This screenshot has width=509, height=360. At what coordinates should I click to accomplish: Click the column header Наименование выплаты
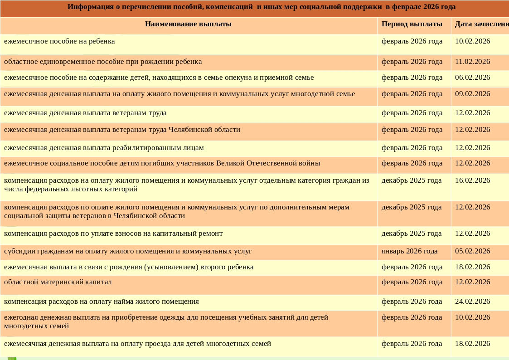(x=188, y=24)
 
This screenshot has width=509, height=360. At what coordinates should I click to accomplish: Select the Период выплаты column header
(x=412, y=24)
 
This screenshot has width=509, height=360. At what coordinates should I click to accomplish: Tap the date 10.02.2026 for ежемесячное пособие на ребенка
(x=472, y=41)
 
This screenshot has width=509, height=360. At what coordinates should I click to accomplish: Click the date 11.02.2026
(x=472, y=62)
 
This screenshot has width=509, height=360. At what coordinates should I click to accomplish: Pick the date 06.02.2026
(x=472, y=78)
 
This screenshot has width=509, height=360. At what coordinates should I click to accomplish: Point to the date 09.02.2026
(x=472, y=94)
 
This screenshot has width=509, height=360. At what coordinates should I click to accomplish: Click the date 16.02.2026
(x=472, y=180)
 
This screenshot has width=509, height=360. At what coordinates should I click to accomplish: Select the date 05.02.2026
(x=472, y=251)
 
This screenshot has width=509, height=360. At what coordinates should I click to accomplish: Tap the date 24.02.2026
(x=472, y=302)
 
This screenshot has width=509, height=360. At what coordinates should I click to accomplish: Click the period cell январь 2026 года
(x=409, y=251)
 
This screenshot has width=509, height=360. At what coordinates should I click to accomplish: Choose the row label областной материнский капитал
(x=58, y=282)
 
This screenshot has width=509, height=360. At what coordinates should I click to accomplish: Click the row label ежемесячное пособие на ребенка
(x=59, y=41)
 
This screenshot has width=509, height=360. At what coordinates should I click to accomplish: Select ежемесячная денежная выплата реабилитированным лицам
(x=104, y=148)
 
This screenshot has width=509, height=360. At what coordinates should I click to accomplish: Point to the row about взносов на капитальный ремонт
(x=113, y=234)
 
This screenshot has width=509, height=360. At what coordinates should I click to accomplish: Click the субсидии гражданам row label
(x=128, y=251)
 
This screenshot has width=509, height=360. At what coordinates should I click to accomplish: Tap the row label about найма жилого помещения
(x=102, y=302)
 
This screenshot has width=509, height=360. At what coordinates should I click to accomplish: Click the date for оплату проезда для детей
(x=472, y=344)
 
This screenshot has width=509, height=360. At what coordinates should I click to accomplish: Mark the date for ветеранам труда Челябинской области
(x=472, y=130)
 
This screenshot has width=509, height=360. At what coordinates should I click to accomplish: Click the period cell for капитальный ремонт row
(x=411, y=234)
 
